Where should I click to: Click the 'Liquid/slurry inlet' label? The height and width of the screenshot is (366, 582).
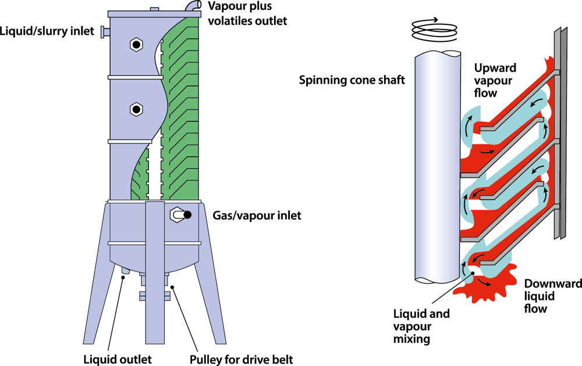pyautogui.click(x=47, y=31)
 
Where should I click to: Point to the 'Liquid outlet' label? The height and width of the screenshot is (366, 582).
pyautogui.click(x=118, y=359)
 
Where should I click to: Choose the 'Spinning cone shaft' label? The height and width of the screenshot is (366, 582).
pyautogui.click(x=352, y=80)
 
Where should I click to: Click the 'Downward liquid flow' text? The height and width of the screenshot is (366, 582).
pyautogui.click(x=544, y=296)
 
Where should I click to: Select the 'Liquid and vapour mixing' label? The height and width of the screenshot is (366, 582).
pyautogui.click(x=421, y=325)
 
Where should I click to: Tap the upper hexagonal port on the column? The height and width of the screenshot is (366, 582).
pyautogui.click(x=136, y=44)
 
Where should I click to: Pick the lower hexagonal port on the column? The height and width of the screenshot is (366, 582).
pyautogui.click(x=136, y=109)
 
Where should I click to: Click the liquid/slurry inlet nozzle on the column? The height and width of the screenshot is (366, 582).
pyautogui.click(x=105, y=31)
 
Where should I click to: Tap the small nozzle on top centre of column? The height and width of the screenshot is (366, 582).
pyautogui.click(x=154, y=9)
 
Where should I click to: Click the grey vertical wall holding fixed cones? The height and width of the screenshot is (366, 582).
pyautogui.click(x=559, y=134)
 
